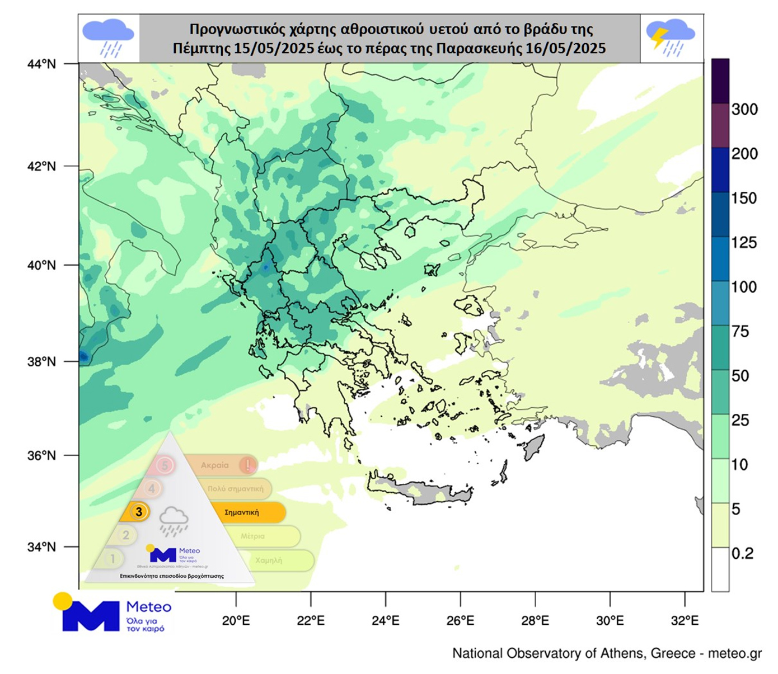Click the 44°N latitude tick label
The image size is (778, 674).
tap(41, 64)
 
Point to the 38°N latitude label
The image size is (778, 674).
tap(41, 361)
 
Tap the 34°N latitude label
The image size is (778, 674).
tap(41, 547)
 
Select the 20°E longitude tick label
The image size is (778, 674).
tap(236, 620)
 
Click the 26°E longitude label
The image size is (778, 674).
tap(460, 620)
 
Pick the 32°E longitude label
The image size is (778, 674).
tap(685, 620)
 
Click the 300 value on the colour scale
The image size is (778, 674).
tap(744, 110)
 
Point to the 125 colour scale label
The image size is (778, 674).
tap(744, 243)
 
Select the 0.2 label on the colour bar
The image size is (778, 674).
tap(743, 554)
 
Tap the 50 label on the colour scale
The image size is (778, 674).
tap(740, 376)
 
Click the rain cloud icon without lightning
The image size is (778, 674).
tap(109, 37)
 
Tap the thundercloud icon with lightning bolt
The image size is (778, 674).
tap(671, 37)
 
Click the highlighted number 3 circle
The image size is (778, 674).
tap(139, 511)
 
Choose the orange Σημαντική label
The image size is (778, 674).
tap(242, 512)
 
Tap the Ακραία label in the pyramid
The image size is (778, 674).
tap(215, 465)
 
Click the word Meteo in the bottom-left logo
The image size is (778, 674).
tap(149, 607)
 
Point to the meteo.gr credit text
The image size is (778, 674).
tap(734, 653)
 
